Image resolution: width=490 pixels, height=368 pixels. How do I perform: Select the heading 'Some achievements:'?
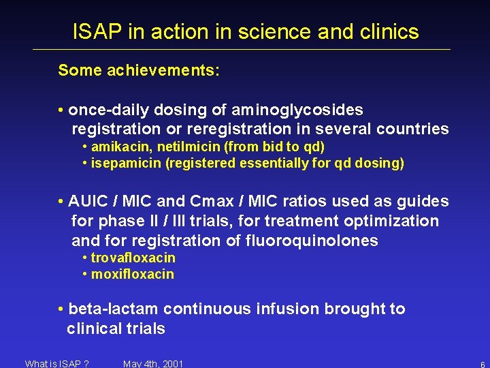[x=139, y=70]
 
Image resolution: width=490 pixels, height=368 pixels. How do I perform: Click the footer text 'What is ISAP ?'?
[x=56, y=363]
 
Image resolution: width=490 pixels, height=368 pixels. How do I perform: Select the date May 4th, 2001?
[x=153, y=363]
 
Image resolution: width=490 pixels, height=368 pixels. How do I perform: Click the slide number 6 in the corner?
[x=482, y=365]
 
